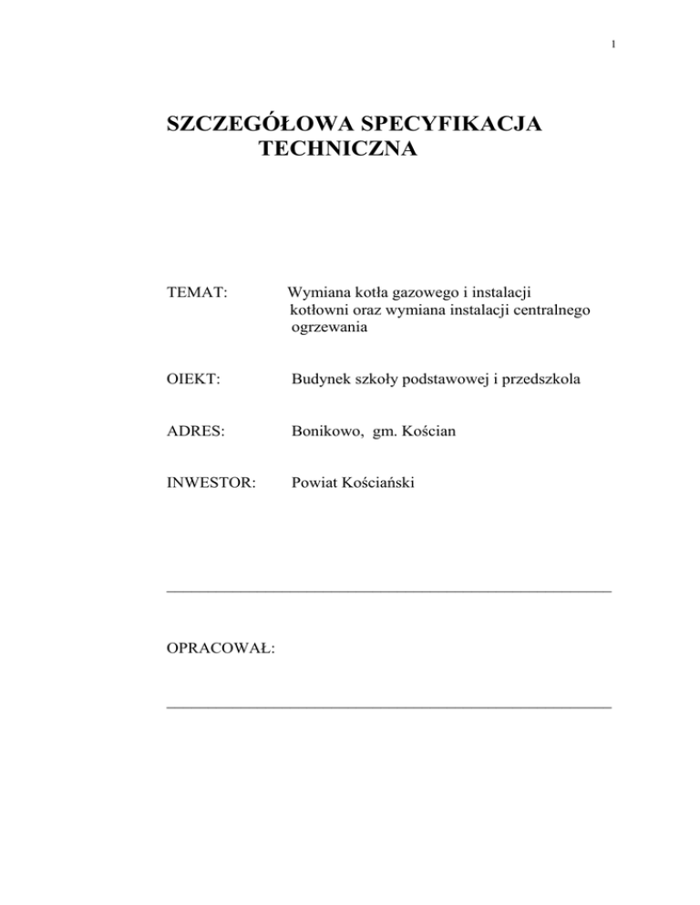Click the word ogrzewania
[329, 330]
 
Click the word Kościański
[376, 483]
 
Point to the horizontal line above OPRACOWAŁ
[389, 592]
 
